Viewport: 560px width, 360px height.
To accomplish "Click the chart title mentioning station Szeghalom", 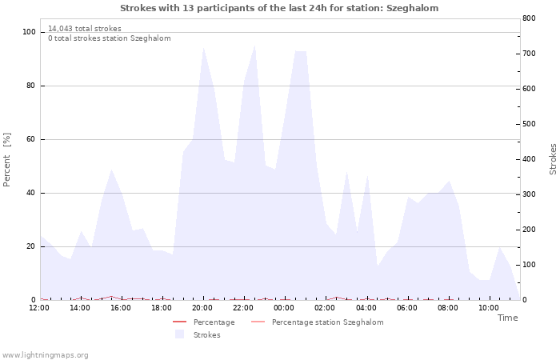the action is click(279, 8).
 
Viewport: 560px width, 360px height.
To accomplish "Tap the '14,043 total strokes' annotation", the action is click(85, 29).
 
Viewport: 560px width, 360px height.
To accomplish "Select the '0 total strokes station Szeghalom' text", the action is click(110, 38).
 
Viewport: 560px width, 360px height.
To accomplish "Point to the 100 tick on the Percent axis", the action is click(29, 32).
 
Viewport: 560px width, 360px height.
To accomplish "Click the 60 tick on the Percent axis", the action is click(30, 139).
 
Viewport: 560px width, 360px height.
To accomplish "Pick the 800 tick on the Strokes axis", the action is click(529, 18).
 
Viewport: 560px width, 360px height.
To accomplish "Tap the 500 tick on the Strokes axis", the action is click(529, 124).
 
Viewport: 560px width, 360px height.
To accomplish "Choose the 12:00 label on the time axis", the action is click(39, 308).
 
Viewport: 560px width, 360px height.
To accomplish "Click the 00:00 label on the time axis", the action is click(284, 308).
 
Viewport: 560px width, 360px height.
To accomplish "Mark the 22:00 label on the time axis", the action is click(243, 308).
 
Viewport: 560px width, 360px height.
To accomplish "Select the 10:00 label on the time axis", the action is click(489, 308).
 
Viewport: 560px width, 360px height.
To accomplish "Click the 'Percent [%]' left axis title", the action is click(6, 160).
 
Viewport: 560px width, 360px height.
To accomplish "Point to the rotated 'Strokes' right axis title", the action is click(553, 159).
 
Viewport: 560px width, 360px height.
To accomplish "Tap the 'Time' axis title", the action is click(507, 318).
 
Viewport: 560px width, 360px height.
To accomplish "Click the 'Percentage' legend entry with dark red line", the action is click(203, 322).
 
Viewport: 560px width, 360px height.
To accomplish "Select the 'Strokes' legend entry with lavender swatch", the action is click(198, 334).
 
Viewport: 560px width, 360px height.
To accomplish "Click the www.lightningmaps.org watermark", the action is click(45, 355).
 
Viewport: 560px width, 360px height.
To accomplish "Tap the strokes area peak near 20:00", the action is click(203, 48).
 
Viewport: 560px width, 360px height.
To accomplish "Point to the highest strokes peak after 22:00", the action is click(254, 46).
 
